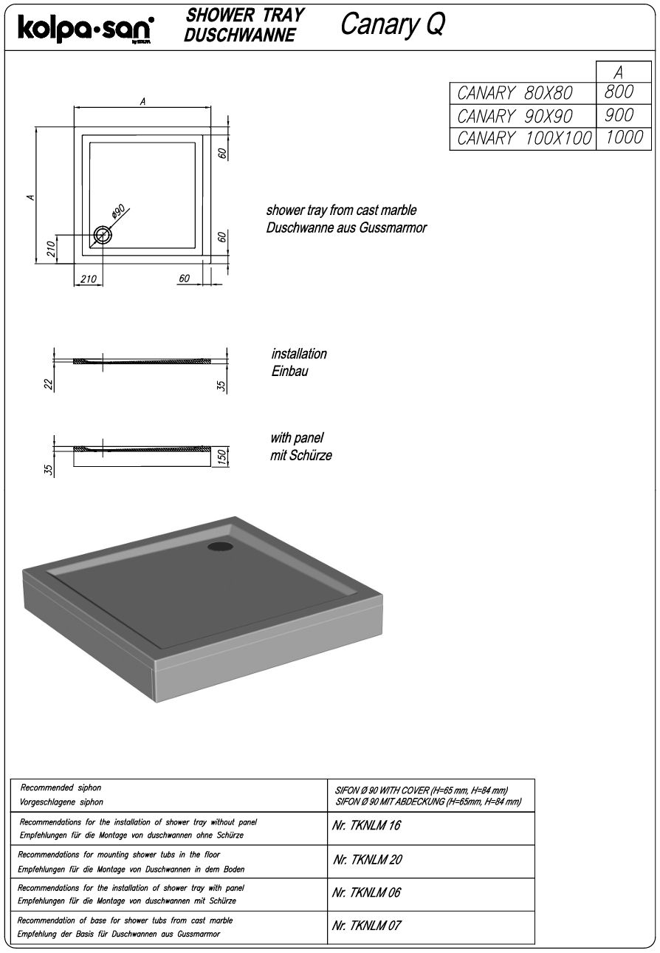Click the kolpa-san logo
[x=86, y=29]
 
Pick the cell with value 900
[x=619, y=115]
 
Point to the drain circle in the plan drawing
[x=102, y=236]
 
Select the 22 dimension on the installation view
[x=49, y=384]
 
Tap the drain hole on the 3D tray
[x=219, y=547]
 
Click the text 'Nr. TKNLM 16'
[x=366, y=825]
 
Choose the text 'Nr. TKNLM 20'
[x=367, y=860]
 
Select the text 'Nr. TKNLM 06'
[x=366, y=892]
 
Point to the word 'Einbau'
[x=289, y=371]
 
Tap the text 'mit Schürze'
[x=301, y=455]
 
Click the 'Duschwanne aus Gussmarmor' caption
[x=346, y=228]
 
